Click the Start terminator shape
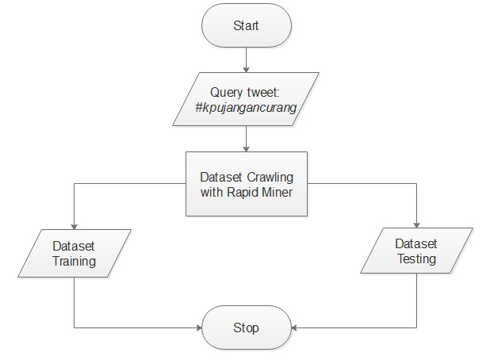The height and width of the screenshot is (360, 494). point(247,25)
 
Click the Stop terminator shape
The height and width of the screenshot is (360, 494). point(247,327)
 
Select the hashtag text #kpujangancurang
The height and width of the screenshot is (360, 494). point(246,108)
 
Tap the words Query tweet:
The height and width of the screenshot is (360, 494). point(245,92)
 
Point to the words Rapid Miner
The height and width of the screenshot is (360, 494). point(259,192)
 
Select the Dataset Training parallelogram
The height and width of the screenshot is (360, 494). point(75,253)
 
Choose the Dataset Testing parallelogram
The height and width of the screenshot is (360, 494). point(416,251)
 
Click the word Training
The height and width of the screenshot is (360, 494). point(74,261)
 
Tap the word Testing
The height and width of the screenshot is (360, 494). point(416,259)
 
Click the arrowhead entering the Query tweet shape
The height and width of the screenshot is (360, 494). point(246,70)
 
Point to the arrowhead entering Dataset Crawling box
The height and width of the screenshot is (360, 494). point(246,149)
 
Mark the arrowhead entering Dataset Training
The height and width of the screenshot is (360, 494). point(74,227)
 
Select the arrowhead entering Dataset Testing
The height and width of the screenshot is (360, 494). point(416,225)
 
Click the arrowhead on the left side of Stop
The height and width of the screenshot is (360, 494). point(199,327)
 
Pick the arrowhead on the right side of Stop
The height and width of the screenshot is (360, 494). point(294,327)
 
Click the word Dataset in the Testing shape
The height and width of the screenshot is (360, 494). point(415,243)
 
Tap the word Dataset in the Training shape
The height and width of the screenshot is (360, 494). point(74,246)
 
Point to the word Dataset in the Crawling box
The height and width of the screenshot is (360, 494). point(221,177)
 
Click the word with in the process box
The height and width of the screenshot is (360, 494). point(212,192)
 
